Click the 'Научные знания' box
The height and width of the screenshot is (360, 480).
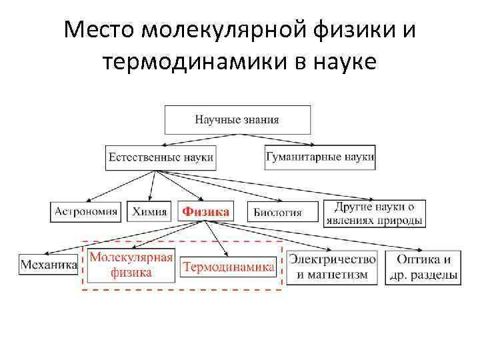click(237, 120)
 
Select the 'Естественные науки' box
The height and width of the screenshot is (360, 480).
click(161, 158)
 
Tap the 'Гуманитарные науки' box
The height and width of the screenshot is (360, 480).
click(320, 157)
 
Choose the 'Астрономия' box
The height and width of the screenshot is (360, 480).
click(86, 212)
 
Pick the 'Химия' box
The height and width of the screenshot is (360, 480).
click(149, 212)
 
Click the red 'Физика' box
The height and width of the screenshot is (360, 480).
click(207, 212)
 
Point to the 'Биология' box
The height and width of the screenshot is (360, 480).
click(278, 213)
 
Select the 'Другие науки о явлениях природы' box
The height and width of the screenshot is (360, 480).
click(374, 213)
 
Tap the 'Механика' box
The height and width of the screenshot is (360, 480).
click(49, 266)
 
